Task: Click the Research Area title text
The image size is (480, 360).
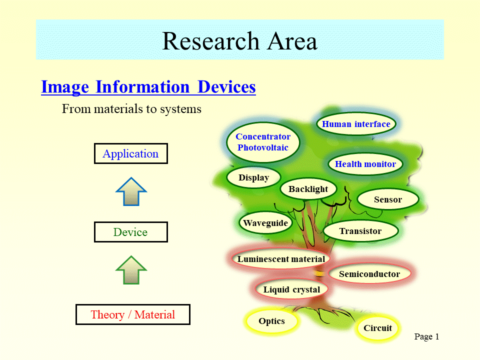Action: [x=239, y=41]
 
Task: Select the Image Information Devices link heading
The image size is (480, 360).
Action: [x=148, y=87]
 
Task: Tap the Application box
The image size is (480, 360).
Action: [x=131, y=153]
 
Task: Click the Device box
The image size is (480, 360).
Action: [x=131, y=232]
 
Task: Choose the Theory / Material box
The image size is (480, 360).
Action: [x=133, y=314]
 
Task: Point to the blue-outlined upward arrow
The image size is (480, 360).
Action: [x=131, y=192]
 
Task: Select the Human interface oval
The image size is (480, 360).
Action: [x=356, y=124]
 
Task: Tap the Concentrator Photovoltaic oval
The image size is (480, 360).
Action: [x=263, y=142]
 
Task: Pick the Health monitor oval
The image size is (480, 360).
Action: [x=365, y=164]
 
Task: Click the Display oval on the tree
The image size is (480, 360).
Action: [x=254, y=177]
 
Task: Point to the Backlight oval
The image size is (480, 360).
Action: [x=308, y=189]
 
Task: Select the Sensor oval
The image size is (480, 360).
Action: [x=388, y=199]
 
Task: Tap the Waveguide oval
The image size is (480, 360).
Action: [x=265, y=223]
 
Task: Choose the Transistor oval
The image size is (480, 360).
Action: [x=360, y=231]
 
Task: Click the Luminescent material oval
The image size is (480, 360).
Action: [x=281, y=259]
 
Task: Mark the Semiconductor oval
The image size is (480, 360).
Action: [x=369, y=273]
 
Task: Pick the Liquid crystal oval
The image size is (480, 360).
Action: [x=291, y=289]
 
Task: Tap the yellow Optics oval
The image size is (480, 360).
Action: [x=272, y=321]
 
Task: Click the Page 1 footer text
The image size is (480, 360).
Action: [x=426, y=336]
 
